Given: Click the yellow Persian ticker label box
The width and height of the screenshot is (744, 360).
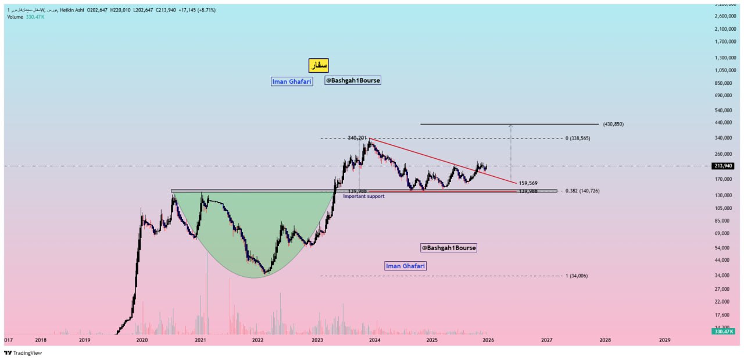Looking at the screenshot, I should (319, 66).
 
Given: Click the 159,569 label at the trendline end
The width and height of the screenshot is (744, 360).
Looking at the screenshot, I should (528, 183).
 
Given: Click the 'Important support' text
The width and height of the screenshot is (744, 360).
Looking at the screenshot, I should (363, 197).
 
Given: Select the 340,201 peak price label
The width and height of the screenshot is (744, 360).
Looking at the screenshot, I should (357, 138).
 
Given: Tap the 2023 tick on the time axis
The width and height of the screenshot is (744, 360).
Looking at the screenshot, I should (317, 340).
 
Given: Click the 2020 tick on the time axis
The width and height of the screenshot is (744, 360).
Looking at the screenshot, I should (142, 340).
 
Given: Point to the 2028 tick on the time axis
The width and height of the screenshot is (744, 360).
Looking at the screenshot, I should (605, 340).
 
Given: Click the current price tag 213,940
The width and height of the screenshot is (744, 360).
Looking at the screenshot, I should (723, 166).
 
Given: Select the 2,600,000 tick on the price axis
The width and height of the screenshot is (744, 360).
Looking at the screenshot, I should (725, 16).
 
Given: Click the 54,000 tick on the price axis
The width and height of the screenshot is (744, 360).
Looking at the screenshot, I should (722, 248).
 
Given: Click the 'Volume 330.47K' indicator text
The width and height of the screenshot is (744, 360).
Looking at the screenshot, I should (26, 17).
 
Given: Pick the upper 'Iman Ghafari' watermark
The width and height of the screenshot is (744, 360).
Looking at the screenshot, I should (292, 81).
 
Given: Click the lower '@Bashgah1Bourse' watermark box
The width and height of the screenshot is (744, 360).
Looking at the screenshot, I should (448, 248).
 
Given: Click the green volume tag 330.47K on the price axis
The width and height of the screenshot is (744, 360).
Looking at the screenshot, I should (723, 332).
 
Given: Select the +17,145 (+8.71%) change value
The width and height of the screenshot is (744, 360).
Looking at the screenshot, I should (201, 10).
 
